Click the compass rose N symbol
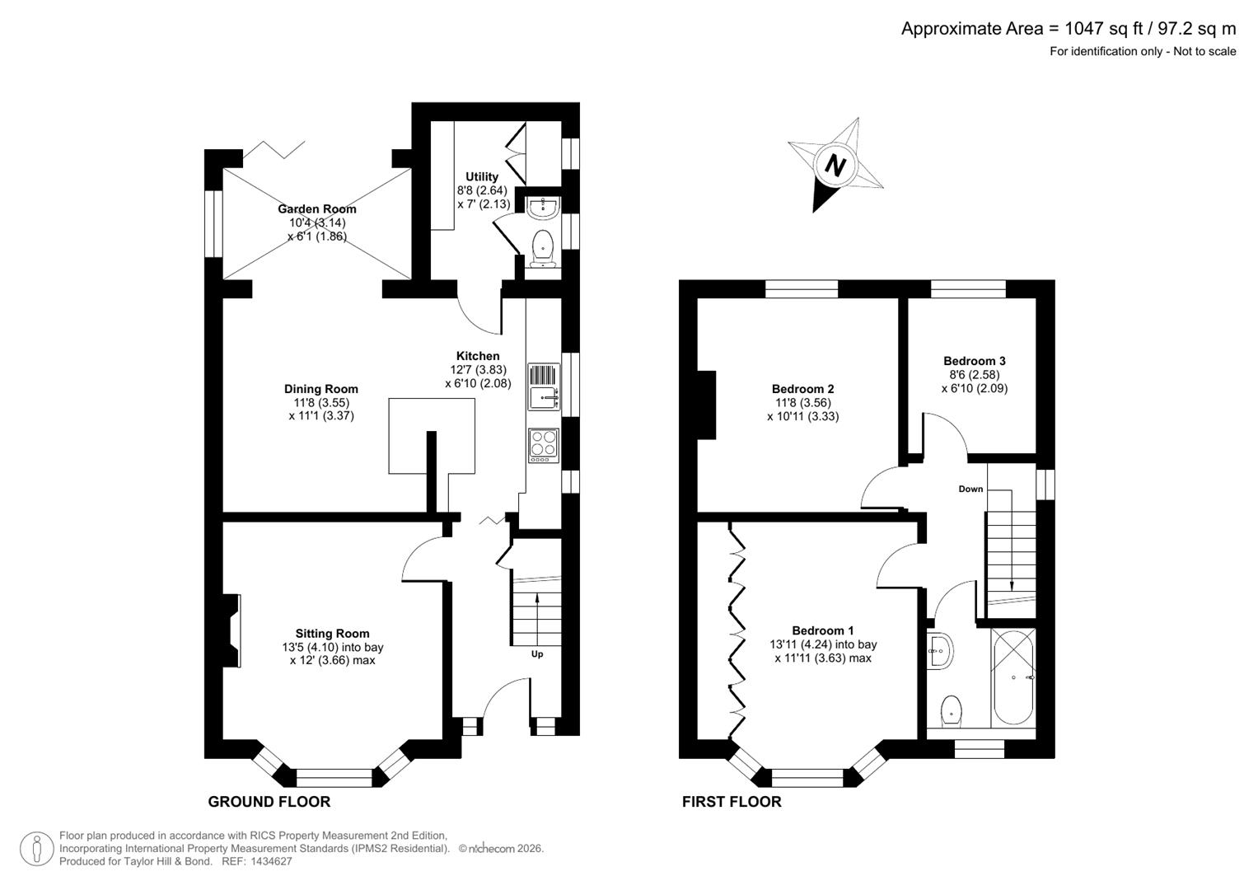[x=835, y=166]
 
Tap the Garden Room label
[x=316, y=209]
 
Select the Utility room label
[x=482, y=176]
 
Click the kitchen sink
[x=543, y=386]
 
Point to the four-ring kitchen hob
[x=543, y=443]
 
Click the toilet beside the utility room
[x=543, y=248]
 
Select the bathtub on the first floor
[x=1013, y=677]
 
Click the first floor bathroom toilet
[x=951, y=710]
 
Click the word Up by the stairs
[x=536, y=654]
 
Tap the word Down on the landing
[x=970, y=489]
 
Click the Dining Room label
[x=321, y=389]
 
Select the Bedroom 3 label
[x=974, y=361]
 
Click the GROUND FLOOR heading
[x=269, y=802]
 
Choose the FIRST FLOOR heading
[x=732, y=802]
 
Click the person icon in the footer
[x=36, y=849]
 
